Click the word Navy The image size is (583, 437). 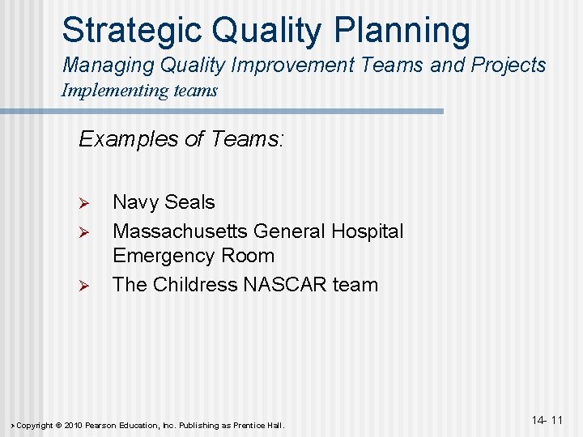[135, 202]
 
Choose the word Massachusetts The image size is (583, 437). [180, 231]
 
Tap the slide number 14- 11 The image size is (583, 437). [547, 420]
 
